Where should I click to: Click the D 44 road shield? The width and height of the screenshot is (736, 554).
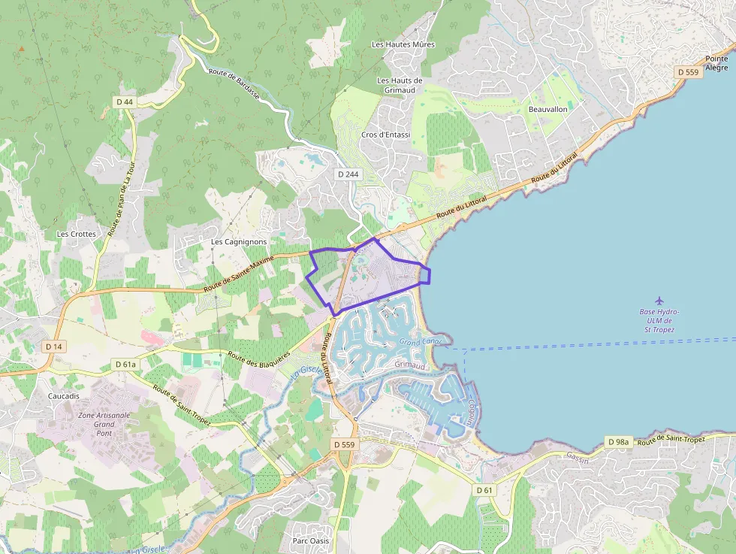pos(125,101)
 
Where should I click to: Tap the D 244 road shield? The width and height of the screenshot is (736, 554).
pos(347,174)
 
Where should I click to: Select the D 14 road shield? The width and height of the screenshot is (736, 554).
pos(53,347)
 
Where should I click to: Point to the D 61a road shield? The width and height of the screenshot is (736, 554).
pos(125,365)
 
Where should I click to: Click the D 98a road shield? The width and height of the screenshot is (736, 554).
pos(618,441)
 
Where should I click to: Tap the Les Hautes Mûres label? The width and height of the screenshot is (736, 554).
pos(403,44)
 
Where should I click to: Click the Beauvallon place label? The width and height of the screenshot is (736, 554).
pos(547,109)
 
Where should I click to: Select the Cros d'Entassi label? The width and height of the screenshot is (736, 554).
pos(386,135)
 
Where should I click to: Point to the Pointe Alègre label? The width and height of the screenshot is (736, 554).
pos(716,63)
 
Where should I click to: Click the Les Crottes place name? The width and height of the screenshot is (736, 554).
pos(77,234)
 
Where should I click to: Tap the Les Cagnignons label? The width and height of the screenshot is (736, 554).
pos(239,242)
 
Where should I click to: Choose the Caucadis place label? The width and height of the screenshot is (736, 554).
pos(63,395)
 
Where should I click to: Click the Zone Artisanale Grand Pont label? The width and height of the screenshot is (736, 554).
pos(104,424)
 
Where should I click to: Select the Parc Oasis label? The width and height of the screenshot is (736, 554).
pos(310,540)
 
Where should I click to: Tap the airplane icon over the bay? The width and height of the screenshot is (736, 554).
pos(659,301)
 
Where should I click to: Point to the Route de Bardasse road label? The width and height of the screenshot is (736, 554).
pos(234,84)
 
